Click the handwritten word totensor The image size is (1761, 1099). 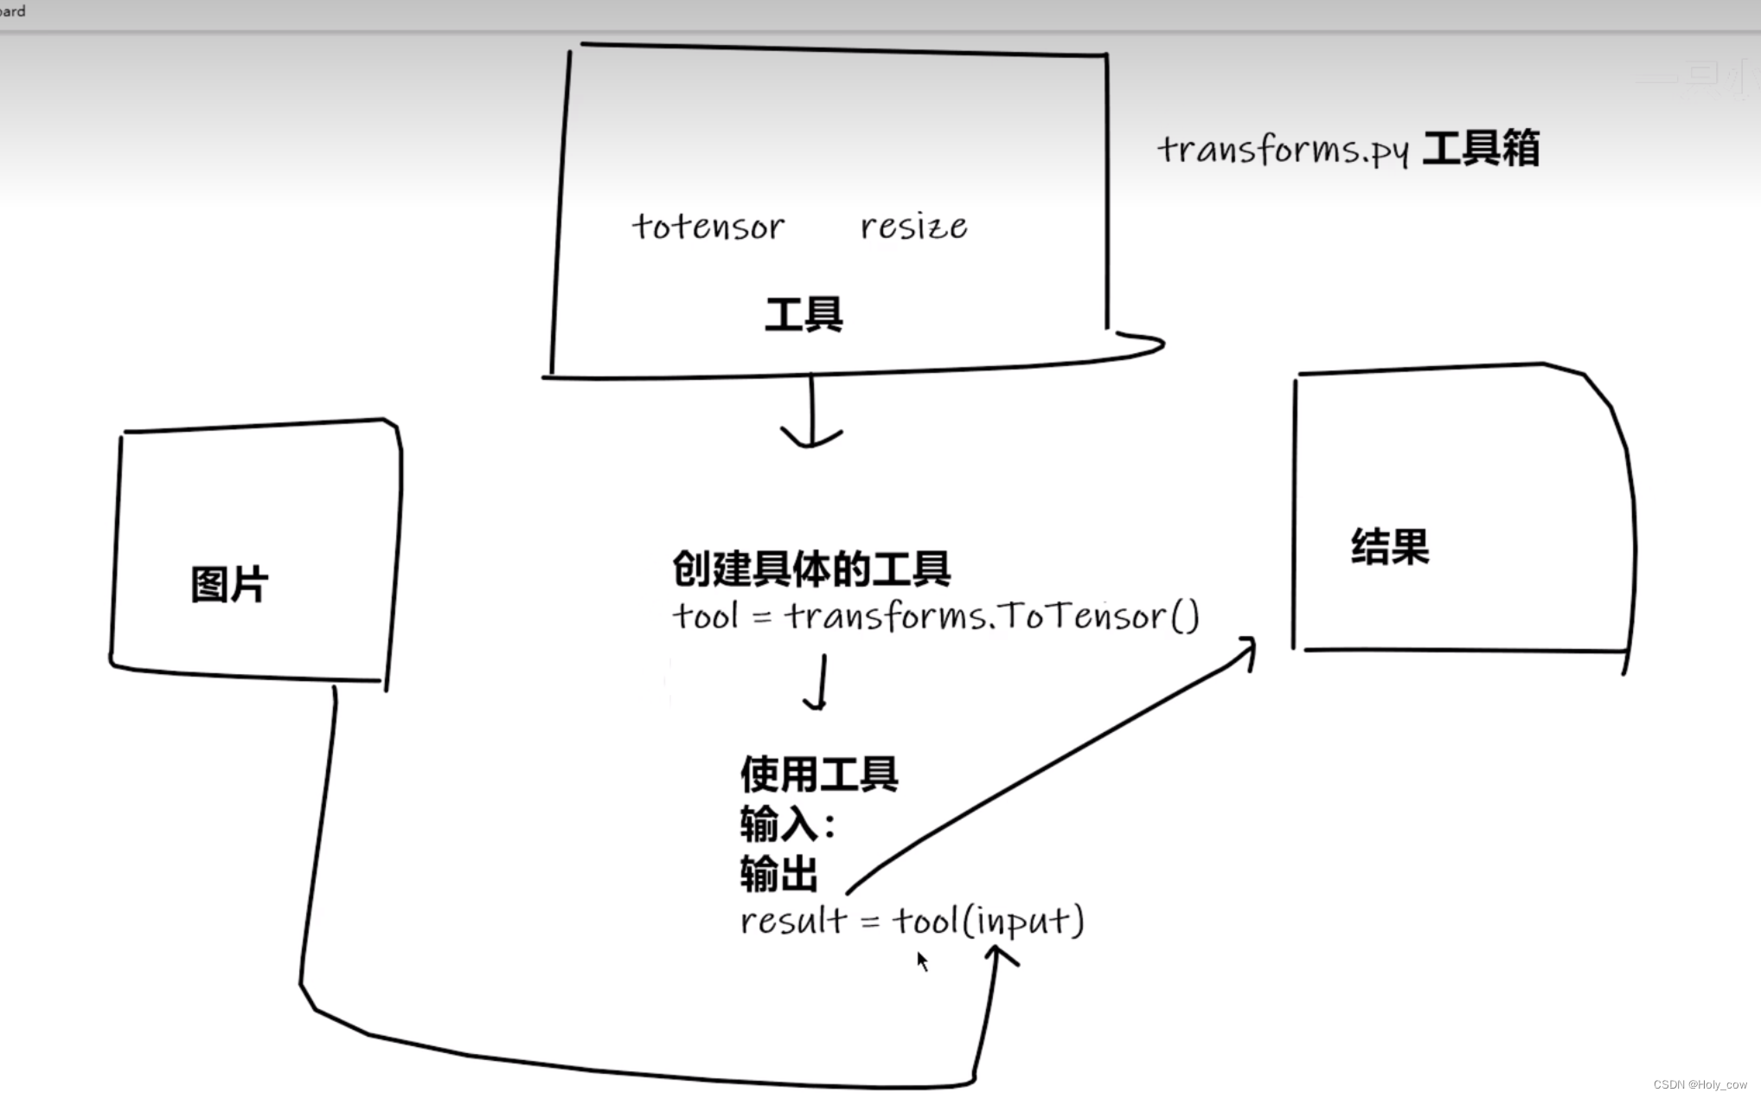(x=708, y=227)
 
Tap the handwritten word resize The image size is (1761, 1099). (x=913, y=227)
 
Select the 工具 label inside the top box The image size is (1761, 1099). (x=804, y=314)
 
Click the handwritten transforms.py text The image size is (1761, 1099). (x=1284, y=150)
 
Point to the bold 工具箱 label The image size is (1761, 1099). (x=1481, y=148)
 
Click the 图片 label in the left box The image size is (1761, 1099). (x=229, y=584)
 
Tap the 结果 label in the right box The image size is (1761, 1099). (x=1390, y=547)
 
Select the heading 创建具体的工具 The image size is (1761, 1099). (x=811, y=569)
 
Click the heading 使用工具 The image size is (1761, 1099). (x=819, y=774)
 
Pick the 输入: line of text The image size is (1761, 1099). (x=787, y=824)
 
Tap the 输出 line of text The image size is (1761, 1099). (x=778, y=874)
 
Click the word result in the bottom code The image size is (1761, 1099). (x=792, y=921)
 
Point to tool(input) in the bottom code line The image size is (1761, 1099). (x=988, y=921)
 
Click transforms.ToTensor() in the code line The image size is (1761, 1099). (x=991, y=617)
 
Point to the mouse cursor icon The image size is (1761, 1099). (x=922, y=961)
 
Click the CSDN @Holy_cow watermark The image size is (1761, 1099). (x=1700, y=1084)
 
